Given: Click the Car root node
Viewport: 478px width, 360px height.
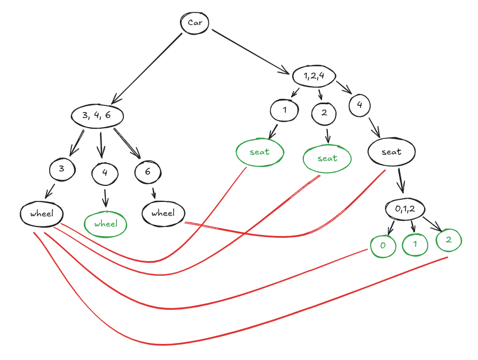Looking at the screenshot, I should click(194, 22).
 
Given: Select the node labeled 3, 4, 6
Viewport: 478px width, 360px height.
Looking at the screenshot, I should click(97, 115).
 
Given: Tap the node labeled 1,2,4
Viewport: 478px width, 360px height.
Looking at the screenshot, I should click(314, 76).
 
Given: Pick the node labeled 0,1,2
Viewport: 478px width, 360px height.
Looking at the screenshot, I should click(405, 208).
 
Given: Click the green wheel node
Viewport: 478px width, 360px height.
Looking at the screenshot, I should click(106, 224).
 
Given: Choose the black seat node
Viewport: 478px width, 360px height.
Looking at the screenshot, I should click(391, 152).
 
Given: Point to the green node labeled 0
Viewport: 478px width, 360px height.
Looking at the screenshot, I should click(383, 246).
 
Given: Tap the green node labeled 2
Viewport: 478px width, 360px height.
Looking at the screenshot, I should click(449, 240).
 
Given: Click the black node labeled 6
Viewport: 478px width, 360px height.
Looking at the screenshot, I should click(148, 171).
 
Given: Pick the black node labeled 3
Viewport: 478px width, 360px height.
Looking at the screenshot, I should click(62, 170).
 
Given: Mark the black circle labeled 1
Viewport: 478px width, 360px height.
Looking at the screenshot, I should click(284, 111).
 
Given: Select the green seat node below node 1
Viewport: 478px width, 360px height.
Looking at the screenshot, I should click(260, 152).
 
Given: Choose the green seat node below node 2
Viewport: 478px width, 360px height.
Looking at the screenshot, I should click(327, 158).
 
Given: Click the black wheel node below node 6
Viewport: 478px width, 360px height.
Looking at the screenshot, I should click(163, 214).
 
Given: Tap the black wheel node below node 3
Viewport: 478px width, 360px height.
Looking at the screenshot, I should click(42, 214).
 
